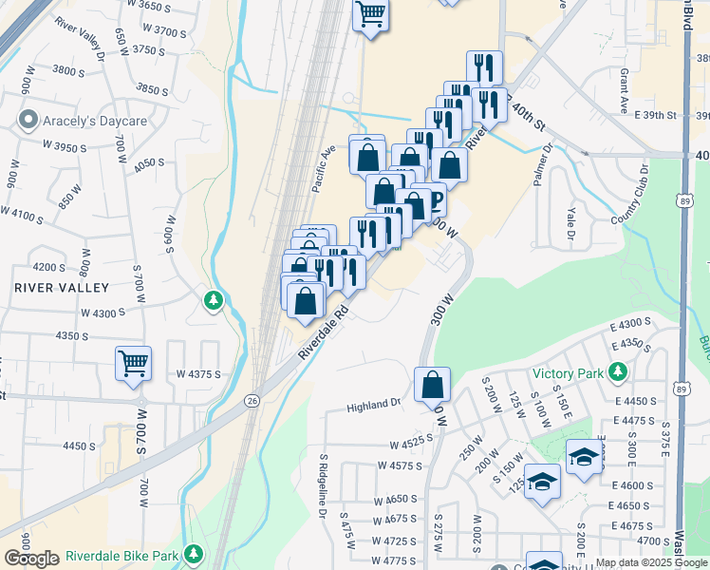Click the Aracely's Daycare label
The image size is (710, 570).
94,122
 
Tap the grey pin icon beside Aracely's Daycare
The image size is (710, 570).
28,122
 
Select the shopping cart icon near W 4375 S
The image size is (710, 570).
134,363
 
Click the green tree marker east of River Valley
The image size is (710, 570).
214,301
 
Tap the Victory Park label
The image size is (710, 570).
568,372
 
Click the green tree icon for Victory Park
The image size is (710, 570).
619,371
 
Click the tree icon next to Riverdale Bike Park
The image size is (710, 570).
194,553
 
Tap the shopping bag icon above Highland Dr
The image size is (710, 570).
432,385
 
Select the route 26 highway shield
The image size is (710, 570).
252,400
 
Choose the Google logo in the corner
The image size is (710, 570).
31,559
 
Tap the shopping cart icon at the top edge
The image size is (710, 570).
370,14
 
